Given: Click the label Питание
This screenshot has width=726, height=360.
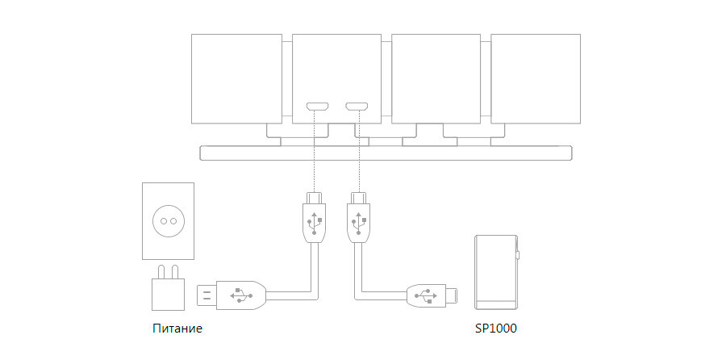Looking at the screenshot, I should [x=177, y=329].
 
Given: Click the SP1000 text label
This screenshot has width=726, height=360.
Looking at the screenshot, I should [x=496, y=329].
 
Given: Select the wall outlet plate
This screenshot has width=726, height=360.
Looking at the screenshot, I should [x=169, y=220].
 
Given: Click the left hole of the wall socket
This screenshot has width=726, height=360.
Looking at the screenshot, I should [x=164, y=220].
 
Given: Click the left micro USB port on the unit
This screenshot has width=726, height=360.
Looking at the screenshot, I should [x=315, y=107].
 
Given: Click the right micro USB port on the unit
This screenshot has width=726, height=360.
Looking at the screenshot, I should [x=356, y=107].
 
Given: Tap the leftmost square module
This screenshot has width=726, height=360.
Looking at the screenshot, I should [x=236, y=77].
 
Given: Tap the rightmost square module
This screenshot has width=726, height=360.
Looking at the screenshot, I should [x=536, y=77].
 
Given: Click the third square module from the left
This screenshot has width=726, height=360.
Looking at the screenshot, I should [x=436, y=77].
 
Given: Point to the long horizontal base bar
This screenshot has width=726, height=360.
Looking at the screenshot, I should [x=386, y=153].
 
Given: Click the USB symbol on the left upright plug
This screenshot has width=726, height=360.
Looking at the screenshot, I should [x=315, y=218].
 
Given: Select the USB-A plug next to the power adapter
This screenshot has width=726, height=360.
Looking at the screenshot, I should [x=232, y=295].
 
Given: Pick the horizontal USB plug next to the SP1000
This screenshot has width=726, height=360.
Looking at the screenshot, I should [x=432, y=295].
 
